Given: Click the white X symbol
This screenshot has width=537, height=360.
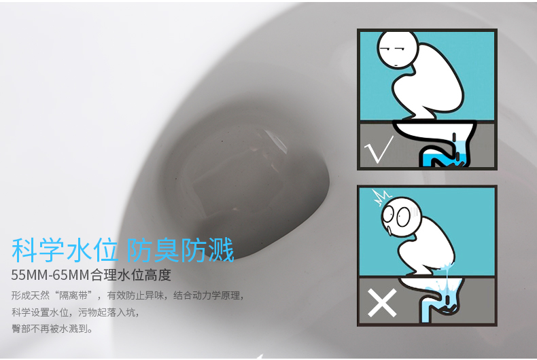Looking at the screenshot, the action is pos(382,303).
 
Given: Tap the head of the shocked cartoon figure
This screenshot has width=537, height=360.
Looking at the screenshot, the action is pos(401,217).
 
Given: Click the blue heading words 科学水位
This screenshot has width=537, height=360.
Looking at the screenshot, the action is pos(65,250).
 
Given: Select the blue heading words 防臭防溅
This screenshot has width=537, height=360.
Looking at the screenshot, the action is pos(181,250).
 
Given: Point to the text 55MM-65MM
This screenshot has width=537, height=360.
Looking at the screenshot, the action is pos(50,275).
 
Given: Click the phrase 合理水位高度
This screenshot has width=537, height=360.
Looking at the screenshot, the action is pos(131,275).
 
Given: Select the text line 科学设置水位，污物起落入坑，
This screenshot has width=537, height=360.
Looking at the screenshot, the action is pos(75,312).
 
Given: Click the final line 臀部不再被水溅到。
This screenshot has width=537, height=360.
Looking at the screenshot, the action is pos(52,329).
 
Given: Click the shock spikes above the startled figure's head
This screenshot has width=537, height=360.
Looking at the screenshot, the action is pos(383,197).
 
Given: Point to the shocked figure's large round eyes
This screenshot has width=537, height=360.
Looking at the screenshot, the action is pos(396,215).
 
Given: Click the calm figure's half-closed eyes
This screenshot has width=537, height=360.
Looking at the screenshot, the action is pos(392,49).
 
